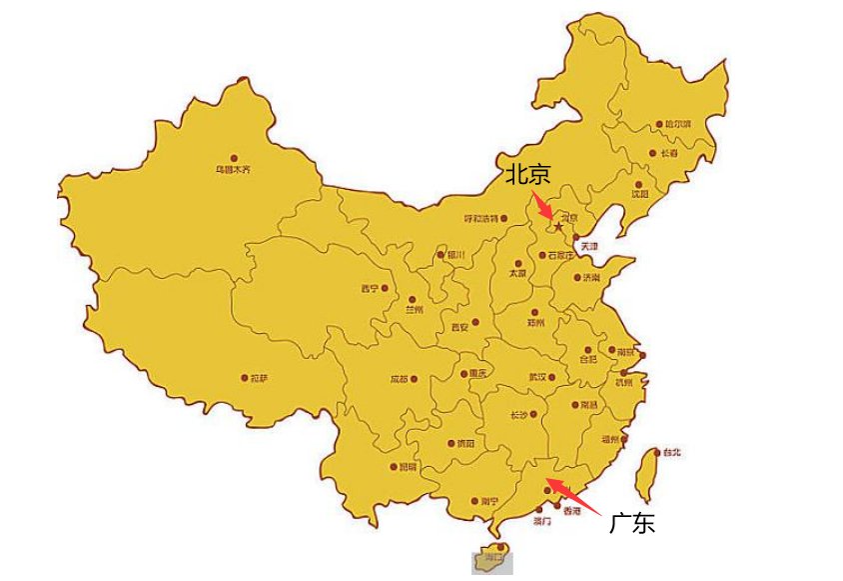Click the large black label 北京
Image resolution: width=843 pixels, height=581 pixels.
pyautogui.click(x=526, y=175)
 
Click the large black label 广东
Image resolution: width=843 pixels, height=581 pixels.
pyautogui.click(x=632, y=522)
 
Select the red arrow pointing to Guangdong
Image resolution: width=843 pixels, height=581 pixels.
pyautogui.click(x=572, y=498)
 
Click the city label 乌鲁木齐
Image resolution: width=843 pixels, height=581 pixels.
pyautogui.click(x=234, y=170)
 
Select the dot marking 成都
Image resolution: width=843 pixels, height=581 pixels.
pyautogui.click(x=415, y=379)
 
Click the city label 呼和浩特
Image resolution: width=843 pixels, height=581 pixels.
pyautogui.click(x=487, y=218)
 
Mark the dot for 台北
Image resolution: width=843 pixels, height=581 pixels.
pyautogui.click(x=656, y=452)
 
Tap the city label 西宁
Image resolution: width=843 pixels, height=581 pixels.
pyautogui.click(x=370, y=288)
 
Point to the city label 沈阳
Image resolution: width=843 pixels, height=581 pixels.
pyautogui.click(x=641, y=193)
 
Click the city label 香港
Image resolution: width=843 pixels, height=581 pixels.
pyautogui.click(x=571, y=511)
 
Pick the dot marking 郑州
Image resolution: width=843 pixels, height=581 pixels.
pyautogui.click(x=535, y=311)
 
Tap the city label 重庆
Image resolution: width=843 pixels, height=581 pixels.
pyautogui.click(x=477, y=374)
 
